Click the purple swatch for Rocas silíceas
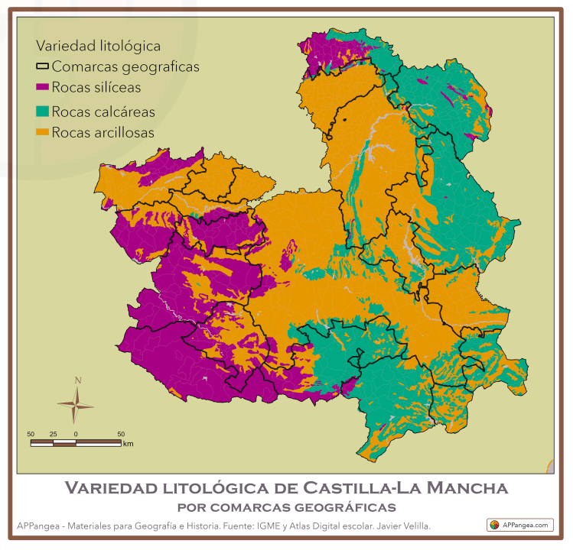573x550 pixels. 43,87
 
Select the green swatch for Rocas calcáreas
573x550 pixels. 43,112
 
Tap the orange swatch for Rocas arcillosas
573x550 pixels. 43,132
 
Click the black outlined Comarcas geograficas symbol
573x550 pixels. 43,67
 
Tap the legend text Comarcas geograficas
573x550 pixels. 125,67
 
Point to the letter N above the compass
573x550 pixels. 77,380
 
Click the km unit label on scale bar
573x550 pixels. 129,443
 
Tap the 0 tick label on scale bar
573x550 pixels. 76,434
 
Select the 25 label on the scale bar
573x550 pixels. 53,434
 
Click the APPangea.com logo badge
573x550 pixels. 520,525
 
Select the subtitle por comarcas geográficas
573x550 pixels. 285,506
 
